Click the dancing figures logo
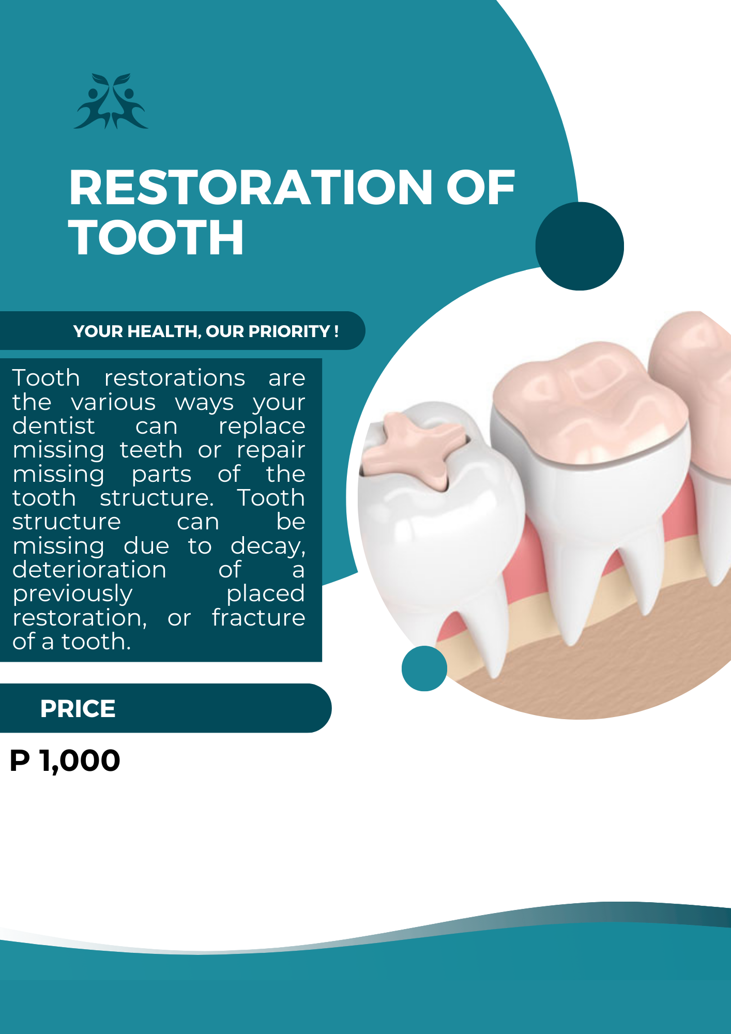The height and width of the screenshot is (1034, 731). click(x=111, y=101)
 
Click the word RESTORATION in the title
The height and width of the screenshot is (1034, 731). click(x=251, y=188)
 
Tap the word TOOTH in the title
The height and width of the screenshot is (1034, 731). click(x=156, y=237)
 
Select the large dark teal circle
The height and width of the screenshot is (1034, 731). click(x=580, y=246)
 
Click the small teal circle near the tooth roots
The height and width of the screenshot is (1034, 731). click(x=424, y=668)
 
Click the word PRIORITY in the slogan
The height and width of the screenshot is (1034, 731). click(x=288, y=331)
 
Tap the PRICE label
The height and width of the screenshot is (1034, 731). click(x=78, y=709)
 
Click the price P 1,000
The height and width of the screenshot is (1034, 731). click(x=65, y=761)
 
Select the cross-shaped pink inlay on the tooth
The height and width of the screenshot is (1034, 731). click(x=414, y=448)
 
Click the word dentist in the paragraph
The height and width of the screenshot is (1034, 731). click(x=54, y=426)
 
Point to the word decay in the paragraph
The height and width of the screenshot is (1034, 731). click(x=267, y=546)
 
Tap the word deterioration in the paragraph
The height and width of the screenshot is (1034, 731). click(x=89, y=570)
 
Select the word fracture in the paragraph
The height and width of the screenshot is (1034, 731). click(x=258, y=618)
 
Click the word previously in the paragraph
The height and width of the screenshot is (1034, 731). click(x=72, y=594)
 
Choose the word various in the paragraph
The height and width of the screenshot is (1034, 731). click(x=113, y=402)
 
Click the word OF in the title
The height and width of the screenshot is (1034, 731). click(x=480, y=188)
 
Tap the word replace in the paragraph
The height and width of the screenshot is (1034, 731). click(x=262, y=427)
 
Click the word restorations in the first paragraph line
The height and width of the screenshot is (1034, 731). click(x=175, y=378)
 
